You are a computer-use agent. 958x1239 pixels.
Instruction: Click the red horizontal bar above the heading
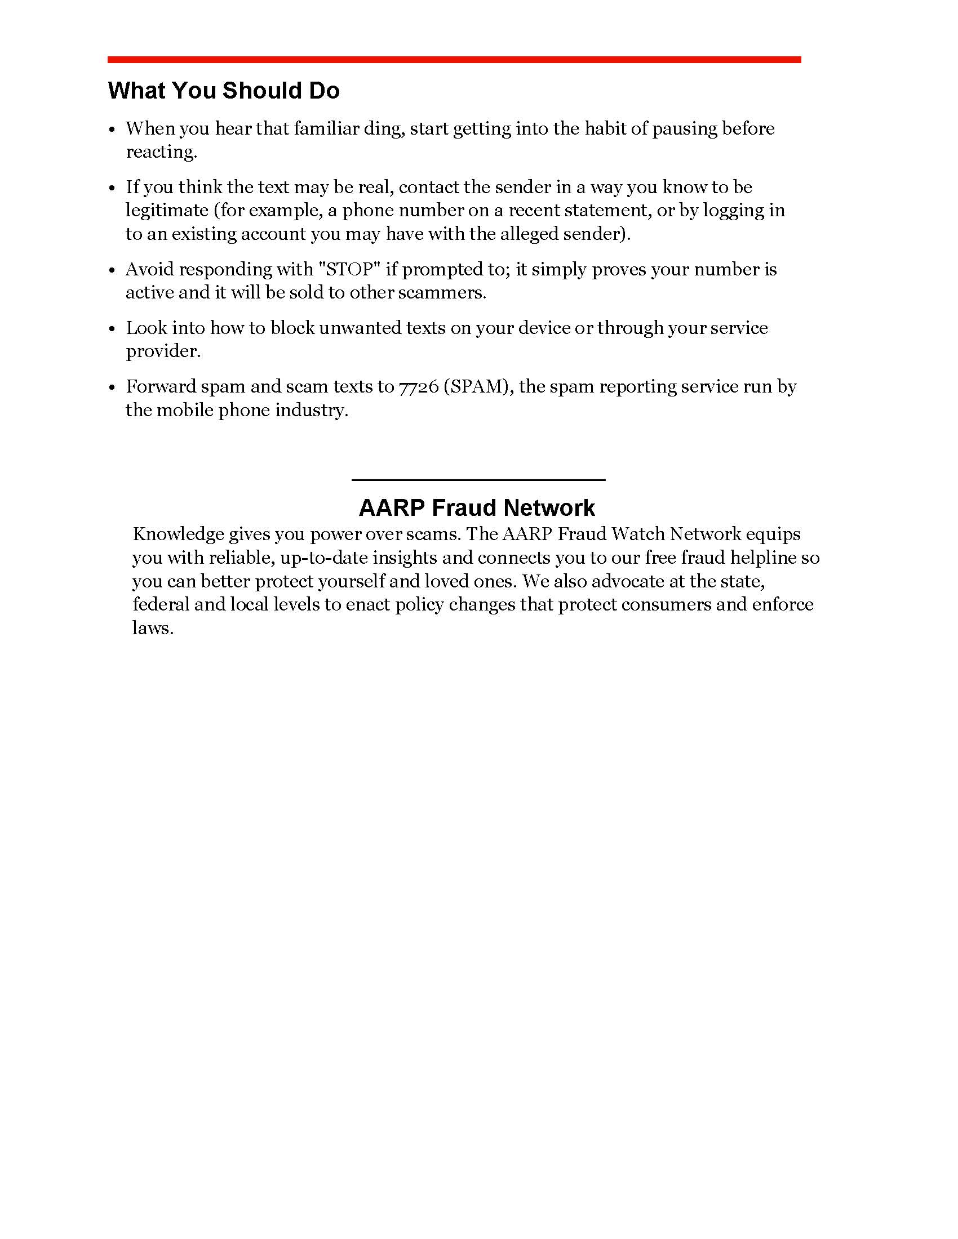click(x=454, y=60)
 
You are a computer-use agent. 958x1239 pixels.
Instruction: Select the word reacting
click(x=161, y=153)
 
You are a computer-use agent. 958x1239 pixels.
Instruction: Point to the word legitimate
click(x=167, y=211)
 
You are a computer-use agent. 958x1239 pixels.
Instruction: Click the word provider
click(x=163, y=352)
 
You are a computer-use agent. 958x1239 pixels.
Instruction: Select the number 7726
click(x=419, y=387)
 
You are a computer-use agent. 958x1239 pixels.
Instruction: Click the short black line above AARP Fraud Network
click(x=478, y=480)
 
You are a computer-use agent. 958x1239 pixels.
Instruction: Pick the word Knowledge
click(x=178, y=534)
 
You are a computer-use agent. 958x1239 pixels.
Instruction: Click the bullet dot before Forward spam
click(x=112, y=387)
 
